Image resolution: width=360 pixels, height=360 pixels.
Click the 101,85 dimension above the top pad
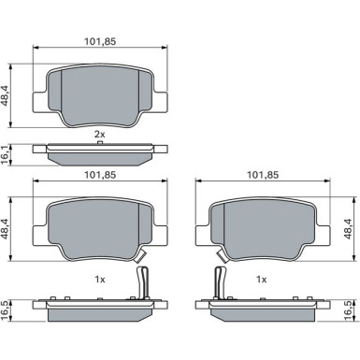pos(100,41)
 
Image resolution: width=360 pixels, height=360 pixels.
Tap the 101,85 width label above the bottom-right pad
pos(263,175)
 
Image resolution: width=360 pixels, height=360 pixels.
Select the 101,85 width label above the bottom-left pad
pos(100,175)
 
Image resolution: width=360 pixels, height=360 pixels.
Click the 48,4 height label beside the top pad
pos(7,96)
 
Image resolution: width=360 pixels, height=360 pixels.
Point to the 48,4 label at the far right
pos(348,228)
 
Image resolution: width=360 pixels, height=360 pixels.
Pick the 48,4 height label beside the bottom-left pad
pos(7,228)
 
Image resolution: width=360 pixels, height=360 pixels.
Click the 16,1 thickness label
pos(6,154)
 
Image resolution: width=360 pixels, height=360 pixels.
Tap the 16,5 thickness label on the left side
pos(6,310)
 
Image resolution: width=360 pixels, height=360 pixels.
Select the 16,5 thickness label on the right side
pos(349,310)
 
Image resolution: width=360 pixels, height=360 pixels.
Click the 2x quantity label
pos(100,135)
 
